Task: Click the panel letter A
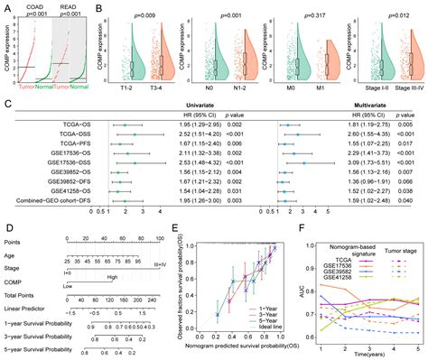[5, 5]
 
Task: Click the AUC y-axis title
[288, 285]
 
